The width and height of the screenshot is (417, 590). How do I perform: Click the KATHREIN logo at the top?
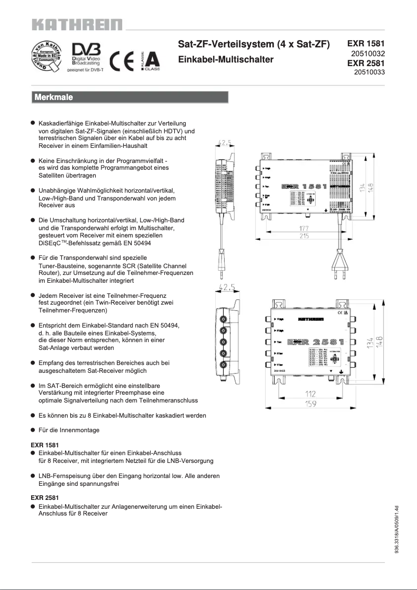click(77, 24)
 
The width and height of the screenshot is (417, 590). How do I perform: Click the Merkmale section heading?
click(54, 97)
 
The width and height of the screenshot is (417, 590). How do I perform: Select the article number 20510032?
click(368, 54)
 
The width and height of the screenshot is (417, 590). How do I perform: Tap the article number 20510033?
click(369, 72)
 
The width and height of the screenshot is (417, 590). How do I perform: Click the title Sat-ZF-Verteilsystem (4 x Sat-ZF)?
click(254, 45)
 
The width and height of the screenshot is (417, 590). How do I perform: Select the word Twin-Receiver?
click(135, 303)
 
